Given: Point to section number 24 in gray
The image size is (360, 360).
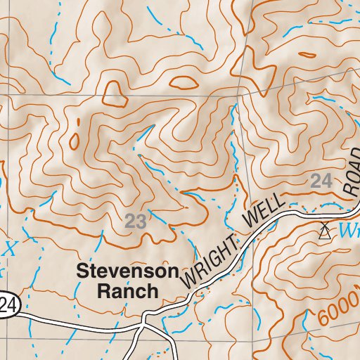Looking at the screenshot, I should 321,181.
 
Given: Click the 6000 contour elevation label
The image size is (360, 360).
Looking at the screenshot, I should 336,308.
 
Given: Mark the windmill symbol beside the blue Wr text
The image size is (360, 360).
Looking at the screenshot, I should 324,231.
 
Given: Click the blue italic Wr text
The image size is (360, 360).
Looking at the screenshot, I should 348,230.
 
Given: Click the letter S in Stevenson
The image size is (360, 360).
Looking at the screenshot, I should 82,271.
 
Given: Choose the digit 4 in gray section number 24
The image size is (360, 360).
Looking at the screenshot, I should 326,181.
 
